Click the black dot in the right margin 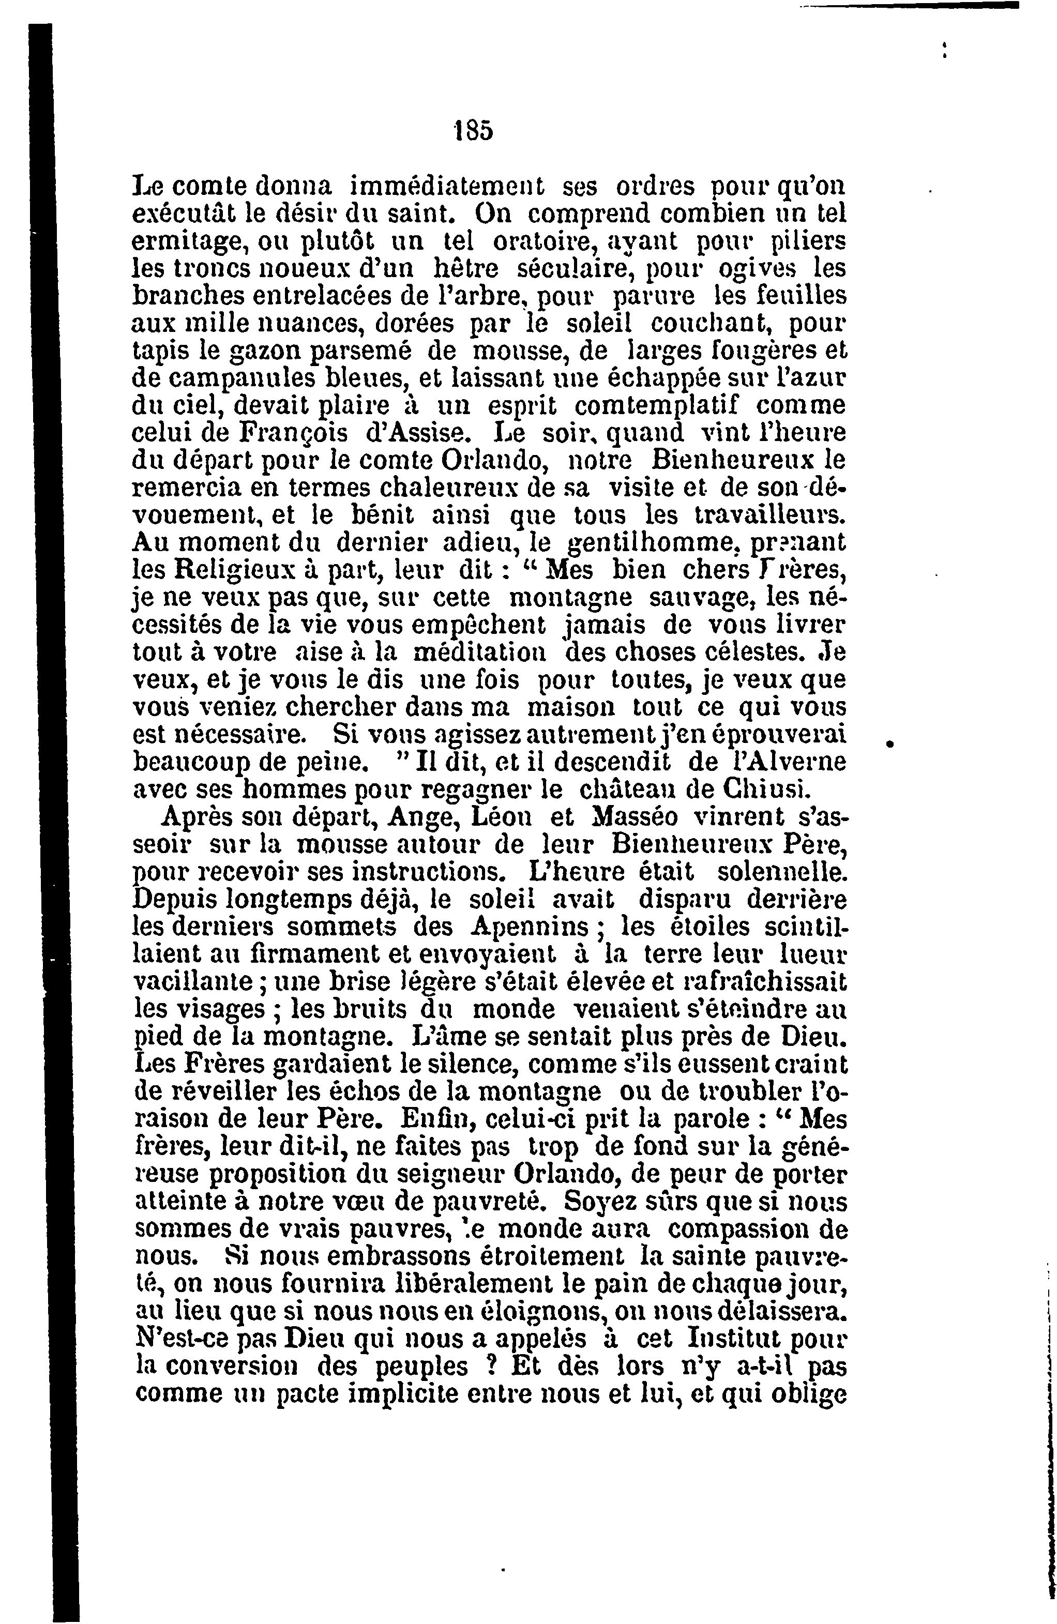pos(889,745)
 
